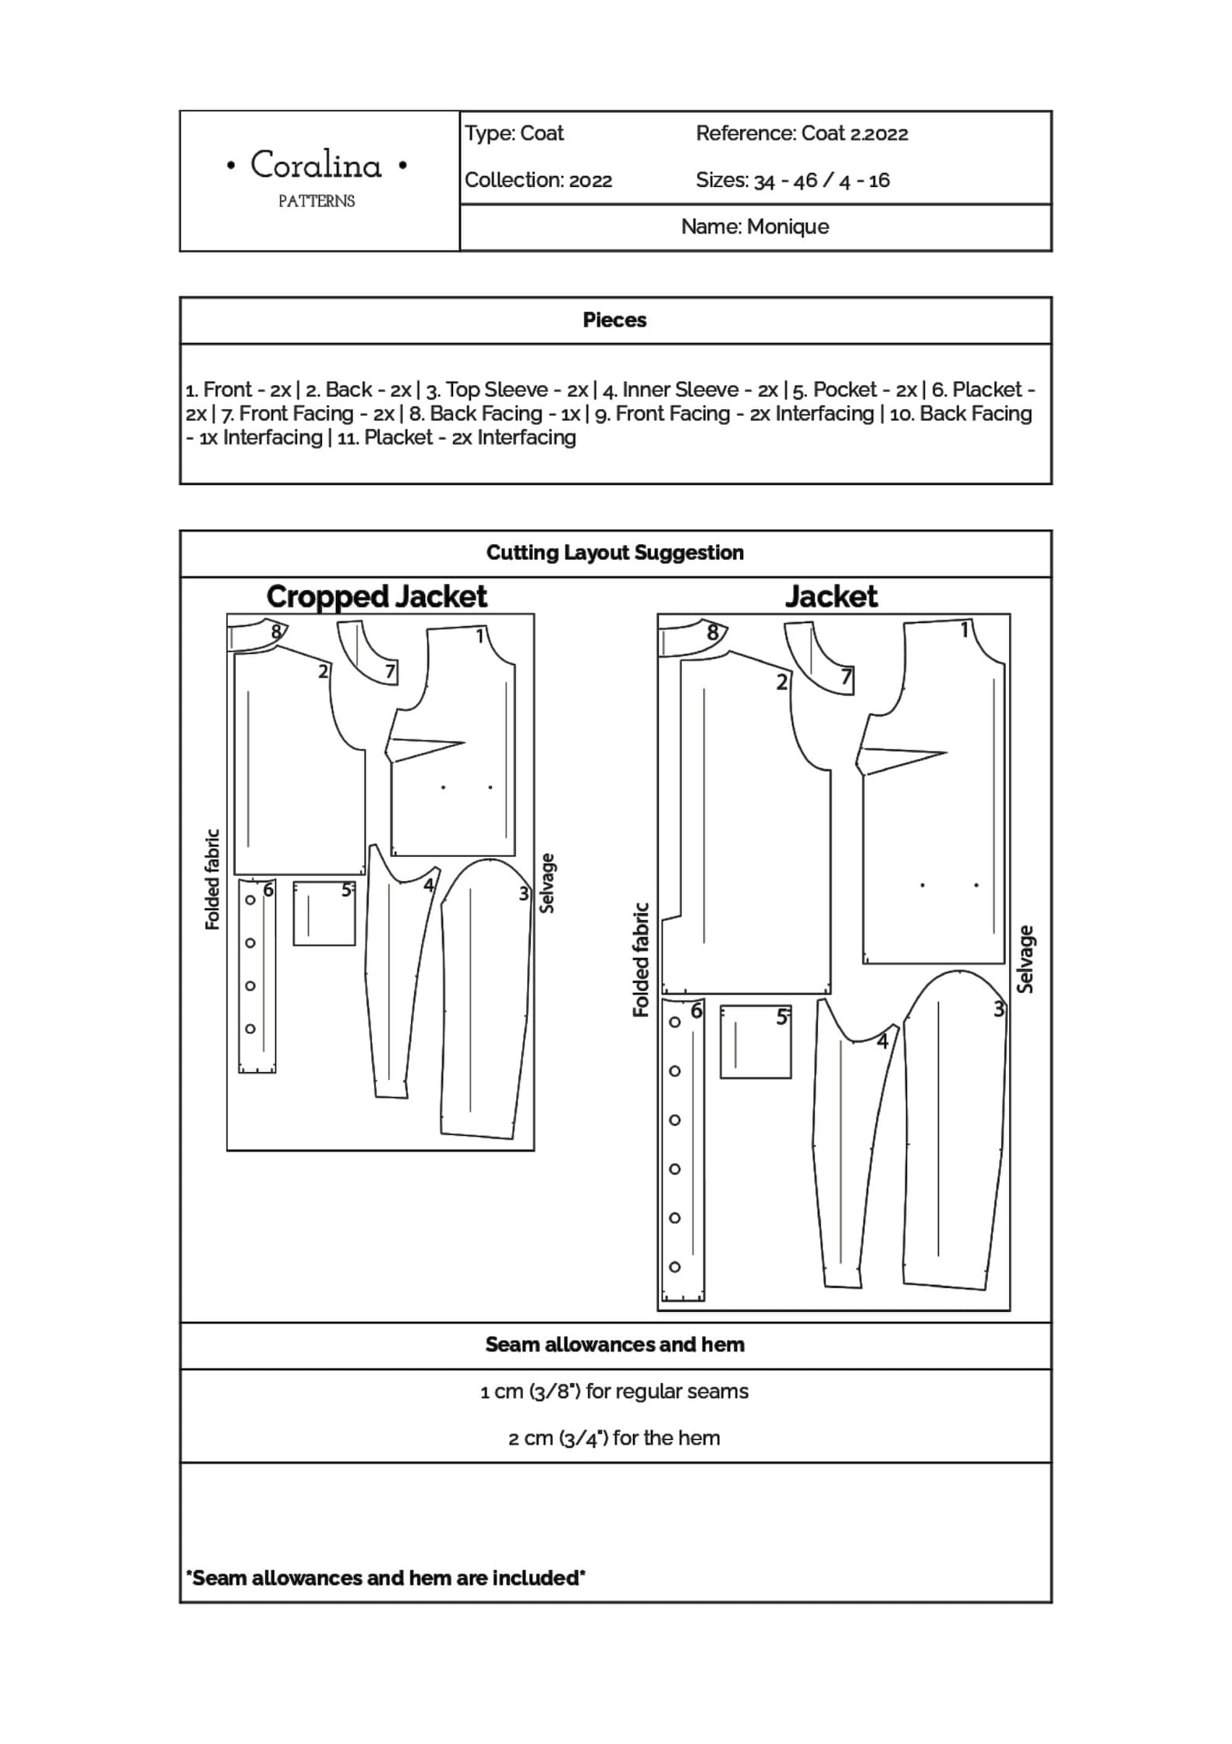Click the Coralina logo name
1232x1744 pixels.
[316, 165]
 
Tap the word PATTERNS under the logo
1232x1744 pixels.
[317, 202]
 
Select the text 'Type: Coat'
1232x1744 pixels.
[514, 133]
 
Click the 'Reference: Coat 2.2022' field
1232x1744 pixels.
[801, 133]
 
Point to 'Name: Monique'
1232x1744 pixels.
[755, 227]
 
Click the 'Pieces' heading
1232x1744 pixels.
[614, 320]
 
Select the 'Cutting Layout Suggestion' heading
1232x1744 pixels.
[614, 552]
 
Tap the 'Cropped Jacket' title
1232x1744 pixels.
[376, 597]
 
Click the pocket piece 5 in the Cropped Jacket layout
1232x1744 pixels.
[324, 913]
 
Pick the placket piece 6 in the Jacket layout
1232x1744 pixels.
[683, 1149]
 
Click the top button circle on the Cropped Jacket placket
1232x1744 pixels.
[250, 900]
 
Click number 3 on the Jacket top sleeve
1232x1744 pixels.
[999, 1009]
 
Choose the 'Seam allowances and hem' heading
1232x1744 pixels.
[614, 1344]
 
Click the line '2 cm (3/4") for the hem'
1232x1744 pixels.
[614, 1438]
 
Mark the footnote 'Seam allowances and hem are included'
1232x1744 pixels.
[386, 1577]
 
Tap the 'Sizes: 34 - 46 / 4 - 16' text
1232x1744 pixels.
[792, 180]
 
